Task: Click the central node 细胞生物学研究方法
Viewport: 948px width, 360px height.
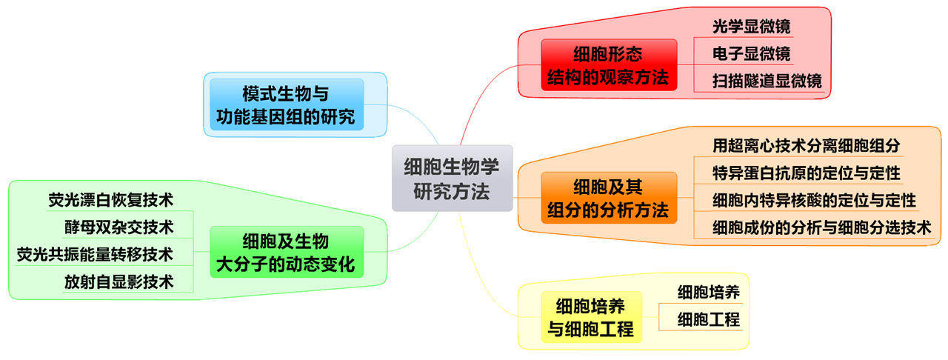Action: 452,178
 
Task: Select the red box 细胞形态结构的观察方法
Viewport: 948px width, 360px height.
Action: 608,64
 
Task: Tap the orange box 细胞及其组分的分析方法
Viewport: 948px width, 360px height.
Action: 608,198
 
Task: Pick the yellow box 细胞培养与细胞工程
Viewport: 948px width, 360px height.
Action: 590,316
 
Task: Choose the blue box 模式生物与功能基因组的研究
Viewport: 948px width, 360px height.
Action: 286,104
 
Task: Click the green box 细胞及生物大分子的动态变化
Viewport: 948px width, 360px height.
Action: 286,252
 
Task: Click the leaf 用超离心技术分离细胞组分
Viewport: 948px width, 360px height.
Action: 806,145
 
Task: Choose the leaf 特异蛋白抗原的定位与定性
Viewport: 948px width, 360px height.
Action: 806,173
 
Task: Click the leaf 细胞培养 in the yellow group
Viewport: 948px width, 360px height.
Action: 709,292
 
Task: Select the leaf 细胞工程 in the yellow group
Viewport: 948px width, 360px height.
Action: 709,320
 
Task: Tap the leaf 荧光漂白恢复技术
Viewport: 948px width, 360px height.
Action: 110,199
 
